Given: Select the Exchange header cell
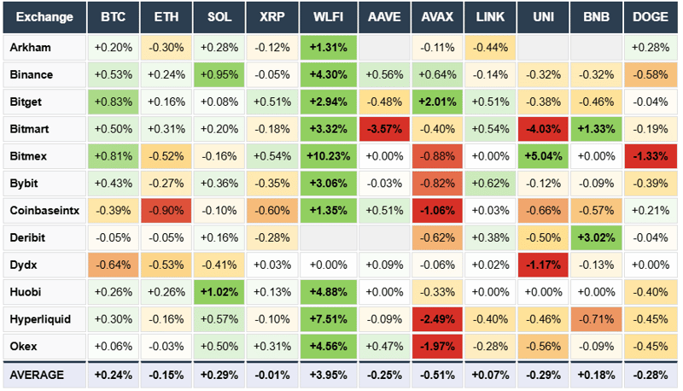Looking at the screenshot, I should [x=44, y=17].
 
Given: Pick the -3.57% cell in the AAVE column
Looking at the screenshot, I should [x=382, y=129].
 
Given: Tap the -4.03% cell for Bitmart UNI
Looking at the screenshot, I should [x=543, y=129].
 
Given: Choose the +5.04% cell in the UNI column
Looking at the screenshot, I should [x=543, y=156].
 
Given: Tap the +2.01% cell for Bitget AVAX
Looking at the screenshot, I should [x=436, y=102].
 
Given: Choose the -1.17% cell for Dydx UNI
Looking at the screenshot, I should [x=543, y=265].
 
